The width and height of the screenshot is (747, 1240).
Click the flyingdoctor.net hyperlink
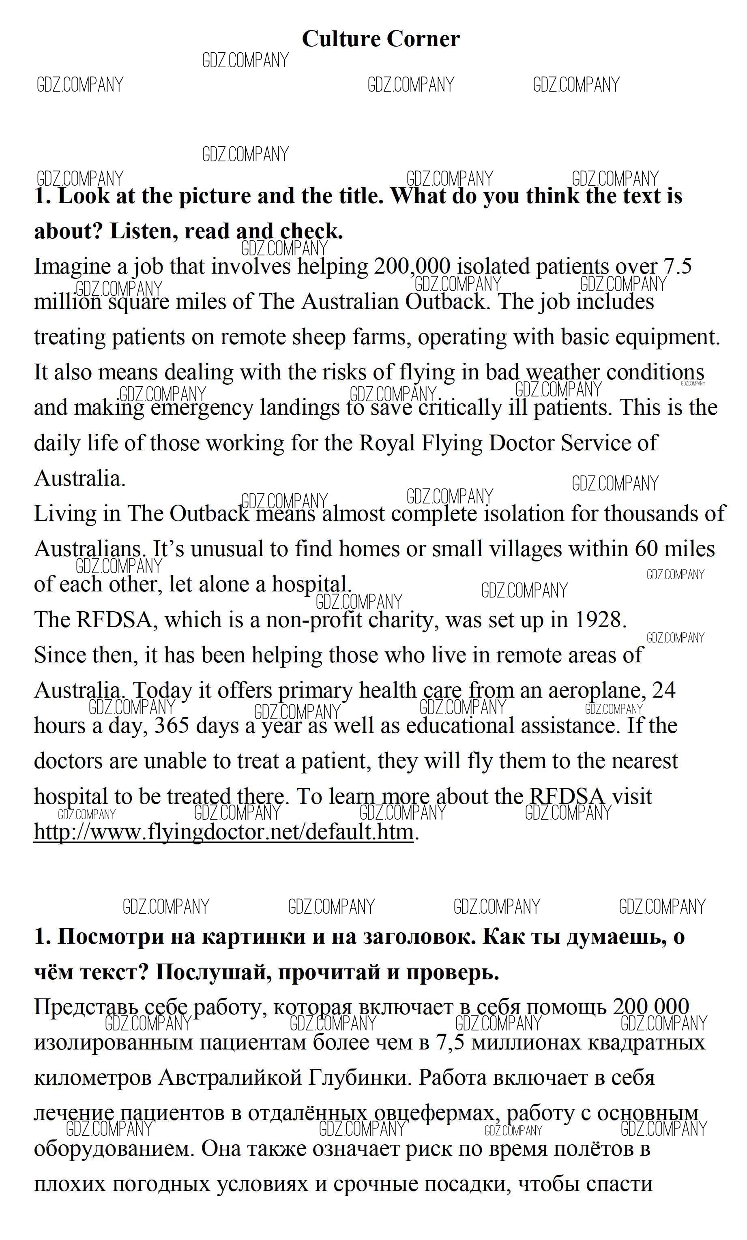pos(223,831)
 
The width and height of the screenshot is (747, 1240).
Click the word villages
pos(522,549)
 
